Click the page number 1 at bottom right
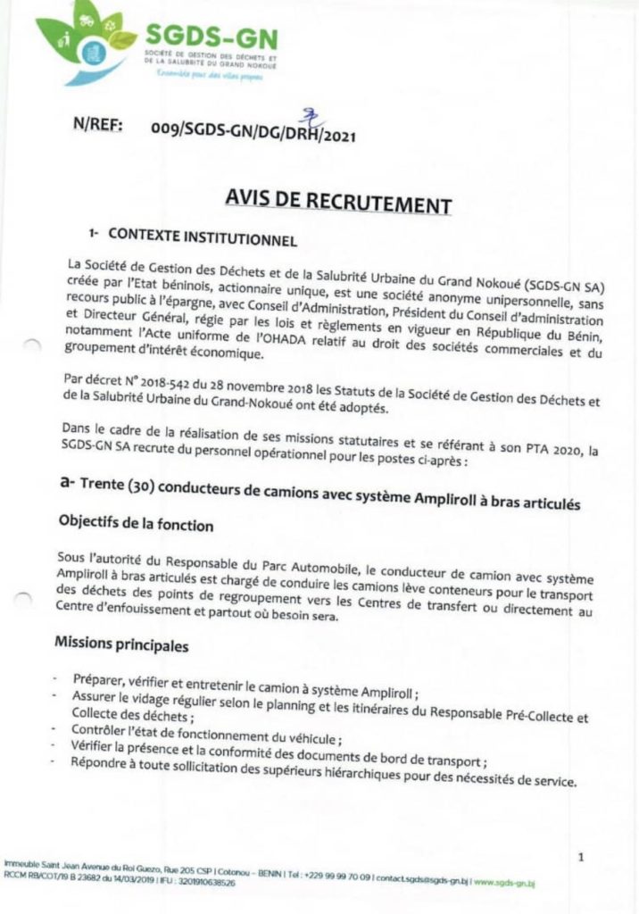click(x=581, y=858)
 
